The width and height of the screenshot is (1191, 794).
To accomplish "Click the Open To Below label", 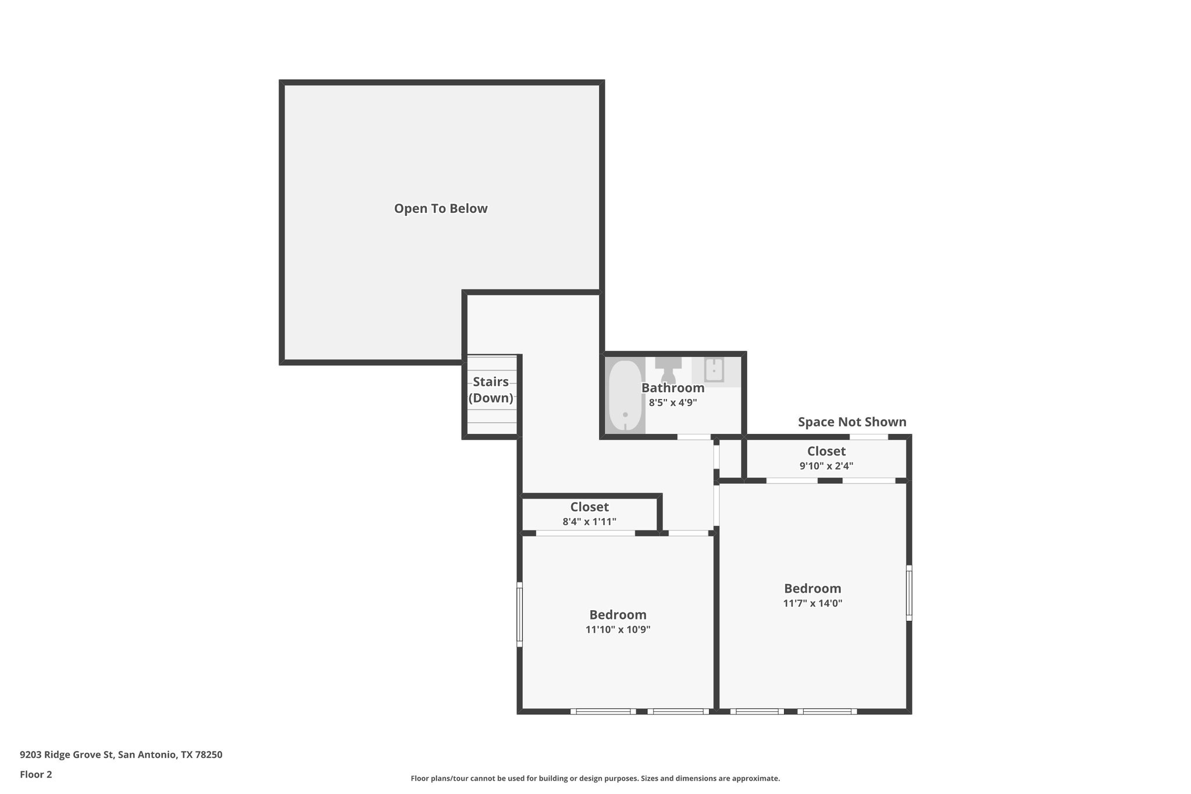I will (440, 209).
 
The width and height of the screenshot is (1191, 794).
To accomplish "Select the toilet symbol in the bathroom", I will (668, 370).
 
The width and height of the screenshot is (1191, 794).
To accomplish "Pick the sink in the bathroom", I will (714, 370).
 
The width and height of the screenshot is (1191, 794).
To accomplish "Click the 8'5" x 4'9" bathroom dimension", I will (673, 402).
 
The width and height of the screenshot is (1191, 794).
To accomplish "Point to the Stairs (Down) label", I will (491, 390).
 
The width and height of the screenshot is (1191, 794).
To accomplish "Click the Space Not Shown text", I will (851, 422).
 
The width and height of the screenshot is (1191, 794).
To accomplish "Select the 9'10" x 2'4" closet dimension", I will (826, 466).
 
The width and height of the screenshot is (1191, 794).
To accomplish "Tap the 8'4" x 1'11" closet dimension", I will (589, 522).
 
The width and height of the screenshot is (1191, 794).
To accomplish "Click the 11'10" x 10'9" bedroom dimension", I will (618, 629).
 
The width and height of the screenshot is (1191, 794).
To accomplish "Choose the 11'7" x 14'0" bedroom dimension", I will (812, 603).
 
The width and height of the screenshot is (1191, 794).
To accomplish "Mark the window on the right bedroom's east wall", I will (908, 593).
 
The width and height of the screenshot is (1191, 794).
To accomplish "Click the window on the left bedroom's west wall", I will (520, 614).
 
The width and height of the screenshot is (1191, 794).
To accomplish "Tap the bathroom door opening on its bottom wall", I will (694, 437).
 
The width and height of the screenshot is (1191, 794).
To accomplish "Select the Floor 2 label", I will (36, 774).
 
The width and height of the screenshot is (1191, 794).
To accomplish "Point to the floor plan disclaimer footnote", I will (595, 778).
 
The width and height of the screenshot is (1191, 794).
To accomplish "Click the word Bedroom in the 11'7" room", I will (812, 588).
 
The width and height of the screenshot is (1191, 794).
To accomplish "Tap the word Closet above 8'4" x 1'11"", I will (589, 507).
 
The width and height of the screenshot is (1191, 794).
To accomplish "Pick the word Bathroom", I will (673, 387).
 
